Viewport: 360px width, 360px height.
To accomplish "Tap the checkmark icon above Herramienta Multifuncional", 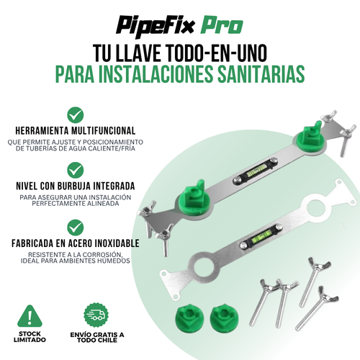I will pyautogui.click(x=73, y=114).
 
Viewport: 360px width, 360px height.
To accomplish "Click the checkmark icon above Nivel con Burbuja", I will pyautogui.click(x=73, y=169).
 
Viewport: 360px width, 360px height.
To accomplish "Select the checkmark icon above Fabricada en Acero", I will pyautogui.click(x=73, y=224).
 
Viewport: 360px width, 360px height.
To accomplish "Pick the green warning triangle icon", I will pyautogui.click(x=28, y=315).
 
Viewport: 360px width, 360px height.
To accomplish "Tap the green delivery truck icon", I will pyautogui.click(x=96, y=315).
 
